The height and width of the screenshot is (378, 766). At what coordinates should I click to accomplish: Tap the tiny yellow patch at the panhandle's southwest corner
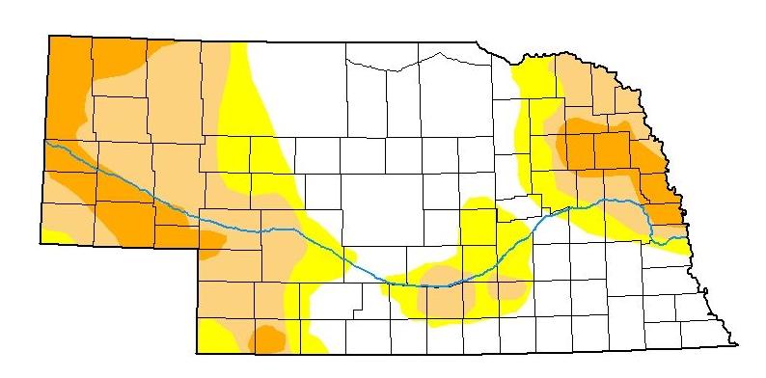click(56, 235)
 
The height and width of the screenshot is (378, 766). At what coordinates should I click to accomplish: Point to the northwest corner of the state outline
click(48, 36)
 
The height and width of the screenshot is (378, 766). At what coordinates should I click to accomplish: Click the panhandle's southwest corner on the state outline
click(41, 241)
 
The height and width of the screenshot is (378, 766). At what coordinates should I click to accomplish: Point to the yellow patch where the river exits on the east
click(680, 246)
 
